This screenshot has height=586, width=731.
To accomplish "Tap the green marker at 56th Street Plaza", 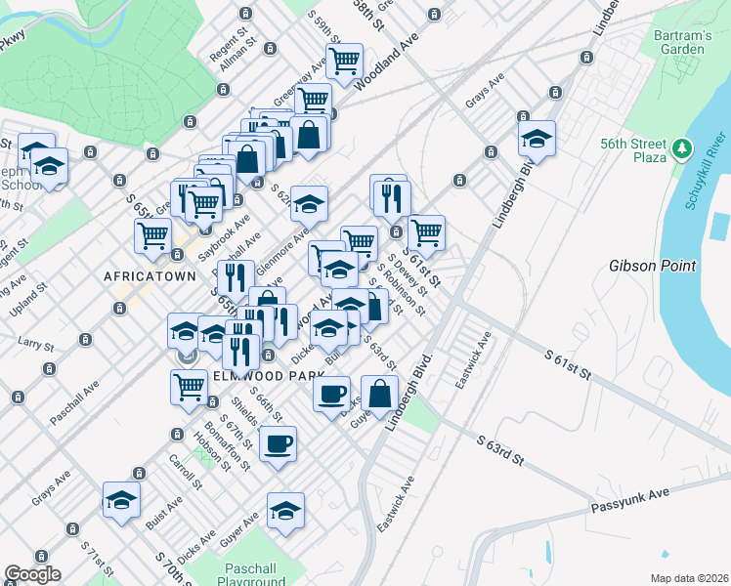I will (x=682, y=149).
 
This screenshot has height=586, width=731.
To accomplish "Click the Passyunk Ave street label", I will (x=629, y=498).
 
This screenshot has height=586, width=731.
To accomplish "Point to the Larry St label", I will (x=35, y=342).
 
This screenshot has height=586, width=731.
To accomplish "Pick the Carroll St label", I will (x=187, y=472).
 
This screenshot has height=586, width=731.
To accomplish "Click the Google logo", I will (x=32, y=575).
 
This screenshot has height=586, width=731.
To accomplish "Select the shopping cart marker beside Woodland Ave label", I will (x=344, y=62).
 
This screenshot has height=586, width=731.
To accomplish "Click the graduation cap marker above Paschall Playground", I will (x=285, y=511).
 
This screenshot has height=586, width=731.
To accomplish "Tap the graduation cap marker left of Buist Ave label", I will (x=121, y=501).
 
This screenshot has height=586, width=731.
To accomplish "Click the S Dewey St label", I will (x=404, y=276).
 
